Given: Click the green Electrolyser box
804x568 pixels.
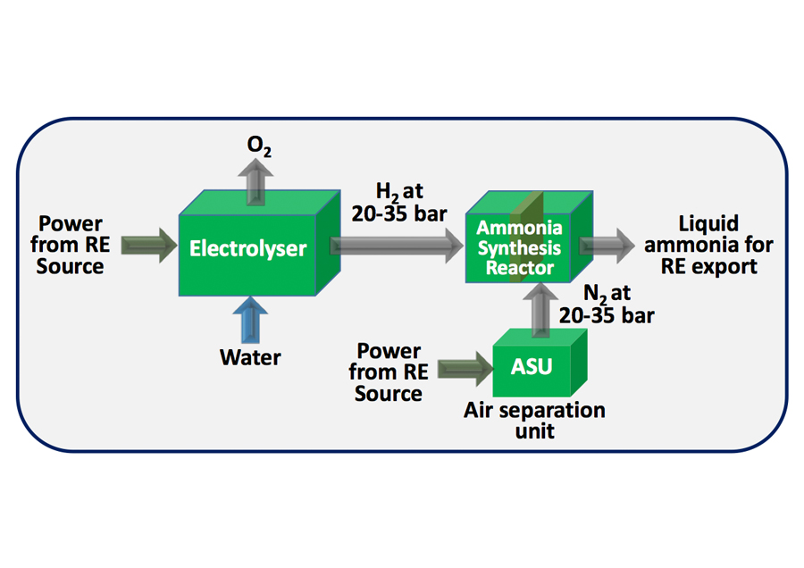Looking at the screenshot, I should pos(247,248).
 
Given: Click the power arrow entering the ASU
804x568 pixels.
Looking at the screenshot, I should pos(461,367).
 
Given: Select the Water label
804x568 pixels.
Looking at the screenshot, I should pos(250,357).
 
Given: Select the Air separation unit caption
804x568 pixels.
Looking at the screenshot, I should pos(534,420).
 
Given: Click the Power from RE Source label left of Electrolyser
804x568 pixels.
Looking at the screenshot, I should pos(71,245).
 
